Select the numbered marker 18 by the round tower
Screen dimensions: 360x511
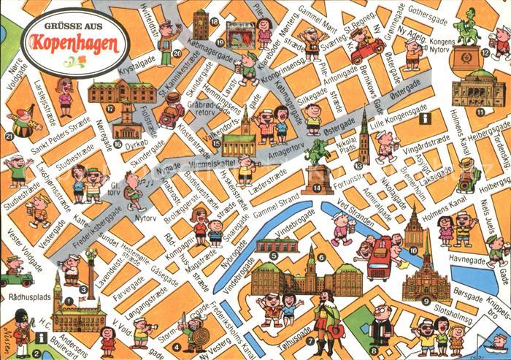click(x=214, y=22)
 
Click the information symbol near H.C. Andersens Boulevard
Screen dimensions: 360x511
click(x=42, y=337)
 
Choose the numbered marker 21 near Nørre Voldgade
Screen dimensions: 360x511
click(x=9, y=136)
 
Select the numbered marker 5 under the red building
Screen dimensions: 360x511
click(x=273, y=256)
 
